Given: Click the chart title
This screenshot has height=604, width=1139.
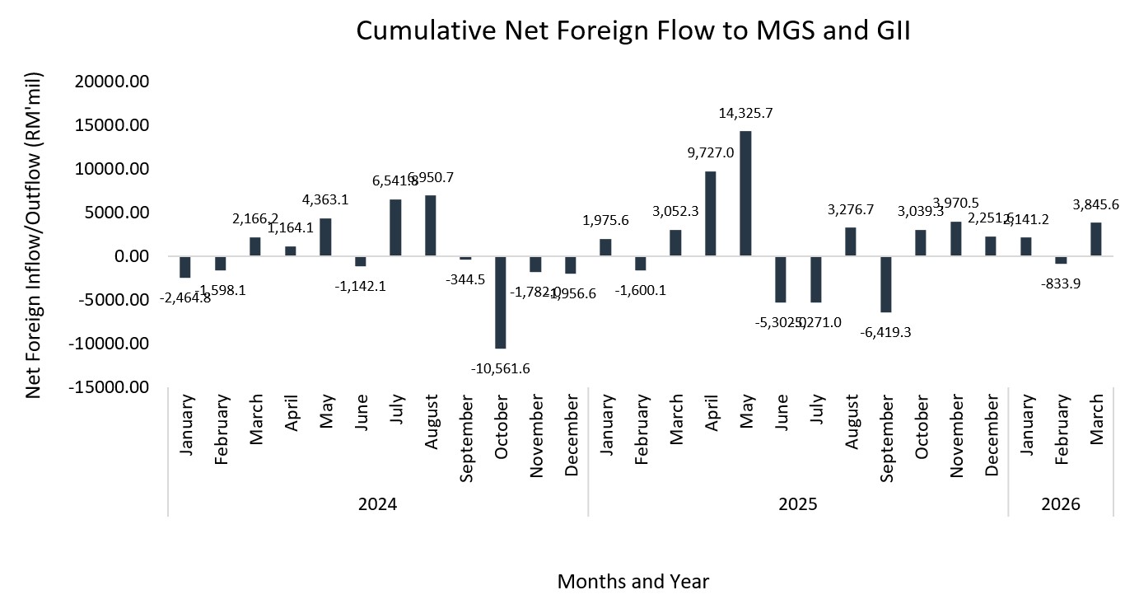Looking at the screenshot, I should pos(633,31).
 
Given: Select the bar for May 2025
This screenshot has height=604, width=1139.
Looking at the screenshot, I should pos(745,194).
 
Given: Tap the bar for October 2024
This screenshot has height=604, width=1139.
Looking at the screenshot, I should pos(500,302).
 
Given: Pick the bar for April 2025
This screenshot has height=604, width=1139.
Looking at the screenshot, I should pos(710,213).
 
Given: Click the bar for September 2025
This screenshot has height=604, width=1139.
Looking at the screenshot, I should pos(885,284).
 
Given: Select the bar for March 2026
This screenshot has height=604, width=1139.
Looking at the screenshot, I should pos(1095,239).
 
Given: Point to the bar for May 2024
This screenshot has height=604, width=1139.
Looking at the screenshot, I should pos(325,237).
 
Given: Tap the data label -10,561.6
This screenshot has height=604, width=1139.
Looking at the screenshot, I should pos(500,368).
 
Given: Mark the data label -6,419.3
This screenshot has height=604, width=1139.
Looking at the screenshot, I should pos(885,332).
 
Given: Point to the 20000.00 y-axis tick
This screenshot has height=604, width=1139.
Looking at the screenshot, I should pos(114,82).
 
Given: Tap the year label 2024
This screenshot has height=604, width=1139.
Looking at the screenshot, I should pos(378,504).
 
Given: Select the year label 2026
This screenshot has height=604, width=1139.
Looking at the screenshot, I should pos(1061,504).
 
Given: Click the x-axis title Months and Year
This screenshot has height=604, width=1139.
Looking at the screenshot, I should pos(633,582).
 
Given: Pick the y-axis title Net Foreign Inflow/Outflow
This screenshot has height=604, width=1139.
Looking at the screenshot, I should pos(34,235).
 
